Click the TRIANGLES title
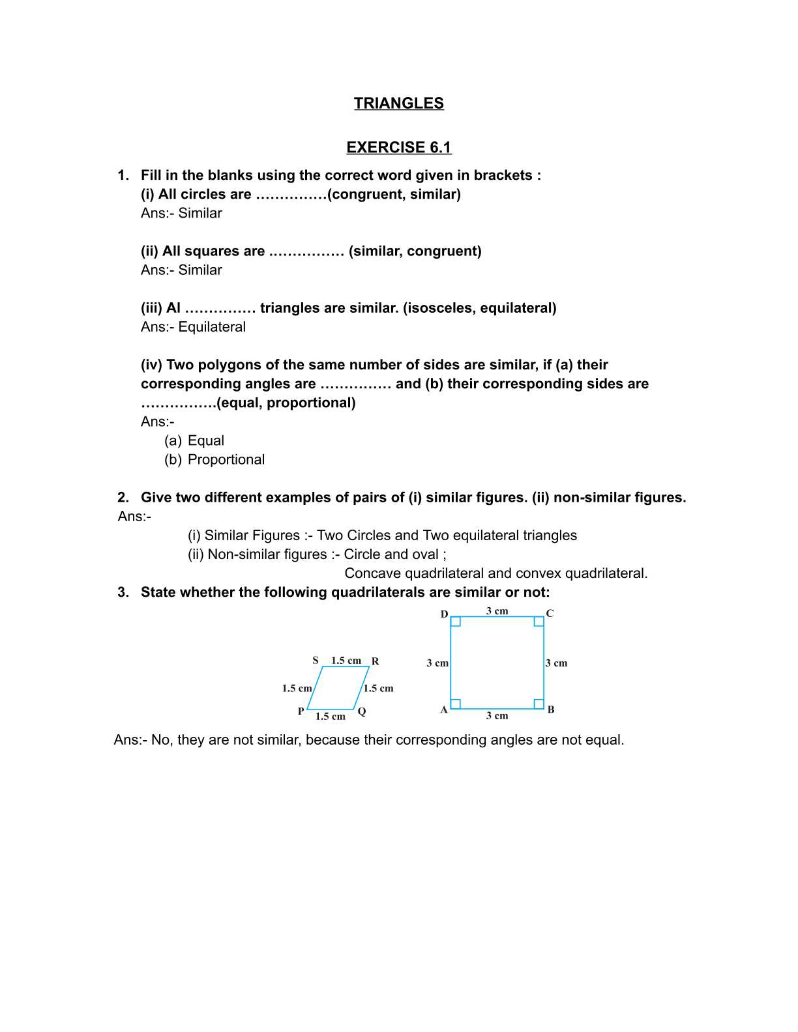click(398, 104)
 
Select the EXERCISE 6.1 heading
click(398, 148)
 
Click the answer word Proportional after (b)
click(226, 460)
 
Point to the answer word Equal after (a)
click(206, 441)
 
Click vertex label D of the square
click(444, 614)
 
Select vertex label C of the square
click(550, 614)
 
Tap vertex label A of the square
click(444, 710)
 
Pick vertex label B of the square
click(551, 709)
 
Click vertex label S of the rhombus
click(316, 661)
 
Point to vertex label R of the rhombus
click(376, 661)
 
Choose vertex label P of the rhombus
click(301, 711)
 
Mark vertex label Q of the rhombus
click(362, 711)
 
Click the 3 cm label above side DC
click(497, 611)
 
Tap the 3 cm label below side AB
click(497, 716)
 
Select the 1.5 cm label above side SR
click(346, 661)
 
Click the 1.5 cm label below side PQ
click(330, 717)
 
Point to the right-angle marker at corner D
click(456, 622)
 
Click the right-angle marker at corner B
click(539, 704)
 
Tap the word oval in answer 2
click(424, 554)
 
